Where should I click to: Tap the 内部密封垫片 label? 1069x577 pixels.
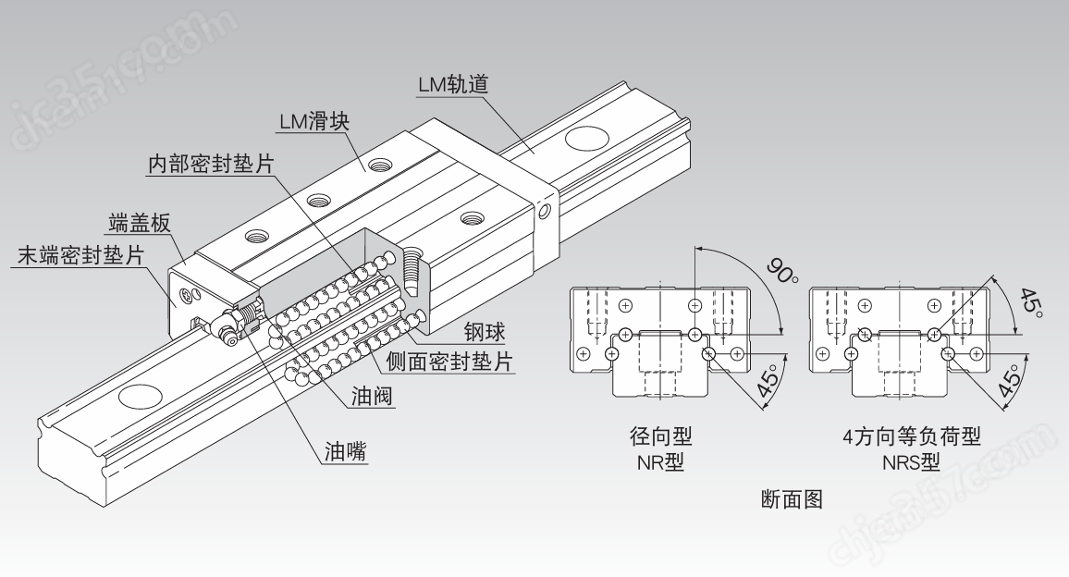click(x=211, y=164)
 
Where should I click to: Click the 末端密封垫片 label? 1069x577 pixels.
click(x=80, y=256)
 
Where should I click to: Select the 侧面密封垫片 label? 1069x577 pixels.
click(x=447, y=362)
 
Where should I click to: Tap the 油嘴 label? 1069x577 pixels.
click(x=343, y=452)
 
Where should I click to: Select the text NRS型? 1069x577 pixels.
click(x=910, y=462)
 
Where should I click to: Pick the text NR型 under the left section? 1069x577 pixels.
click(x=659, y=462)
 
